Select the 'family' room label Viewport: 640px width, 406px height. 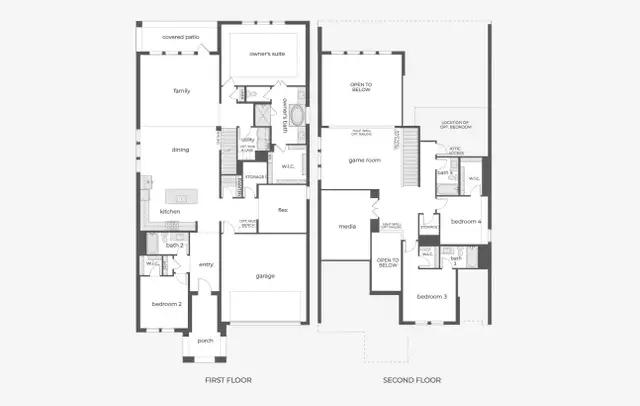tap(181, 91)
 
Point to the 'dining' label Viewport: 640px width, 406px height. tap(180, 150)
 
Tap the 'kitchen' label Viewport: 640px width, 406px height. tap(170, 212)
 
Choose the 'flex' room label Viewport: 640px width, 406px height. tap(283, 211)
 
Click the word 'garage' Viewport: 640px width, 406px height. tap(264, 276)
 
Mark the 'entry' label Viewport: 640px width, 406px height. tap(206, 264)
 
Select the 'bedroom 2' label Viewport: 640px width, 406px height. tap(166, 303)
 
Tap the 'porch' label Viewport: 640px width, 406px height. tap(205, 340)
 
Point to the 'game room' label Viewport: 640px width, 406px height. tap(364, 160)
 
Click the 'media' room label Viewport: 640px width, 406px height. tap(347, 227)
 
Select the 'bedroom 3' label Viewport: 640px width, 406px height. tap(430, 296)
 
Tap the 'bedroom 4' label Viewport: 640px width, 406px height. tap(465, 221)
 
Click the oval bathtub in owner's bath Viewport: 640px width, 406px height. tap(250, 114)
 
